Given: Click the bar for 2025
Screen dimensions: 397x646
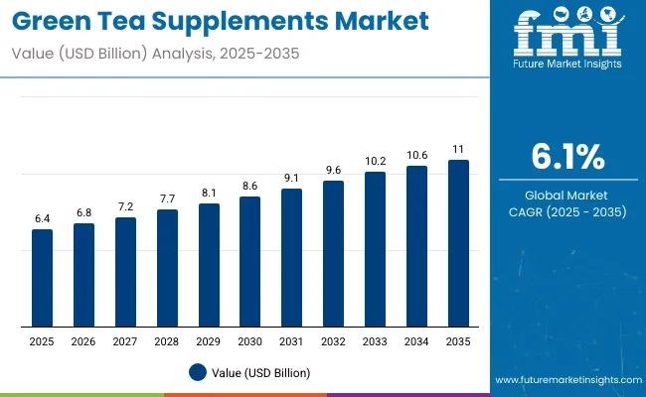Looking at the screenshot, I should point(42,278).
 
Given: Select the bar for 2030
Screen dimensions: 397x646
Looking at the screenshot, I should point(250,262).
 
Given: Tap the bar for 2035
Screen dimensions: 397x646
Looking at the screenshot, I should point(458,243).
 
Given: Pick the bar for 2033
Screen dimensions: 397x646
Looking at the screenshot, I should point(375,249).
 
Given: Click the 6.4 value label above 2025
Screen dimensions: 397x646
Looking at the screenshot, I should point(42,217).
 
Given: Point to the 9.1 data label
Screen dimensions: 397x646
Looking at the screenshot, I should point(291,178).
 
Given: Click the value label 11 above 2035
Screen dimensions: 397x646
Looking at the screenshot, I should point(458,148).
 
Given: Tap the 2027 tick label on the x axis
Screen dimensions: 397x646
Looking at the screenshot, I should point(125,341).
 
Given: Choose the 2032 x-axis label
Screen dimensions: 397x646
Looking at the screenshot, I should point(333,341).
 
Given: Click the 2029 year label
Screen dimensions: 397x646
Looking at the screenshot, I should point(209,341).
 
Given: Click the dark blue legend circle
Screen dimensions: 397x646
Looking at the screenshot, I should point(198,372).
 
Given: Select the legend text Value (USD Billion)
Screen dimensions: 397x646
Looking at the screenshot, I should point(261,373).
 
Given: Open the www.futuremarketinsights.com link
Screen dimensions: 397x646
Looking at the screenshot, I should point(566,380).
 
